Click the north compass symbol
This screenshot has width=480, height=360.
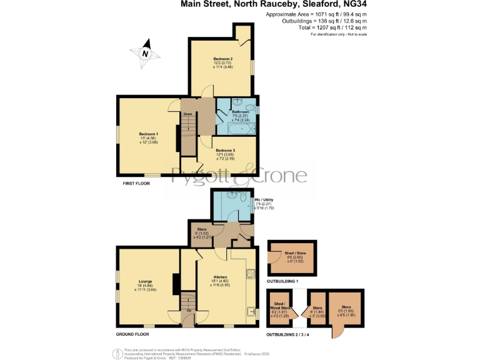[x=145, y=52]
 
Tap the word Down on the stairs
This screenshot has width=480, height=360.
[x=187, y=114]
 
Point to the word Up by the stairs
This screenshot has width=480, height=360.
[x=189, y=309]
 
